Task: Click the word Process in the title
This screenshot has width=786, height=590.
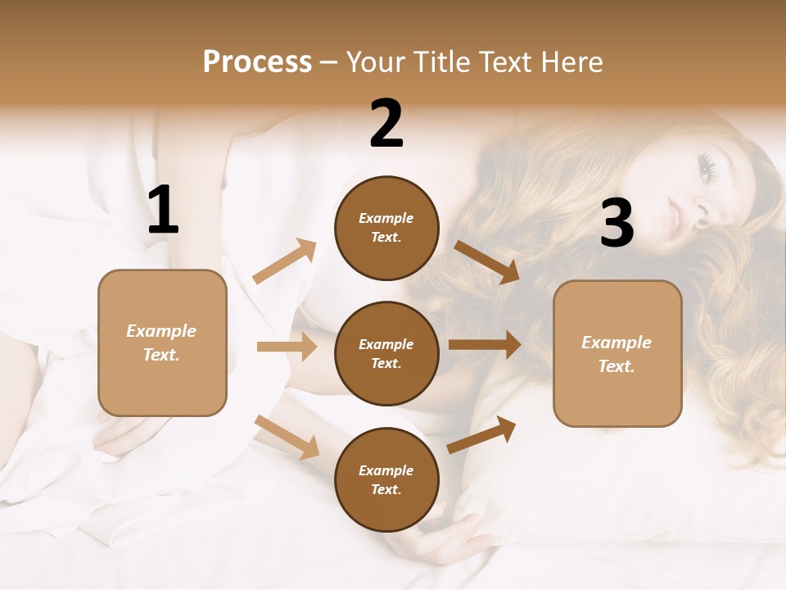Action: [257, 62]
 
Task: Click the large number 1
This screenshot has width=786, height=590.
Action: [163, 211]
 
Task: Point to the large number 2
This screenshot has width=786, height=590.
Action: [386, 124]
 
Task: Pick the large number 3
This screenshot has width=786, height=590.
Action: [617, 224]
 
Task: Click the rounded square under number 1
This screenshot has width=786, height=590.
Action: [162, 343]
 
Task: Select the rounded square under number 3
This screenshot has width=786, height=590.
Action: [617, 353]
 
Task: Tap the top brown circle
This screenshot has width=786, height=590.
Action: [386, 228]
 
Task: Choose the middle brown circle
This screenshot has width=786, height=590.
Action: [386, 353]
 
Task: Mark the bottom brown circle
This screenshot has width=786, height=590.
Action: [386, 479]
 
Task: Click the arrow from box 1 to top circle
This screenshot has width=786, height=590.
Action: [284, 261]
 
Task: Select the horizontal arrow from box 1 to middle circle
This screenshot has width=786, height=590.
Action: [287, 347]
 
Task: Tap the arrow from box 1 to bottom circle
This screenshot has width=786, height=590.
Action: [287, 437]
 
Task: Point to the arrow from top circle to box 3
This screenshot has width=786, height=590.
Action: [486, 261]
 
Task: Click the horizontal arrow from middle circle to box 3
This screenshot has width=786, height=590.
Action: [484, 345]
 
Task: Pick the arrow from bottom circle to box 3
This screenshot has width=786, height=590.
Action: [481, 434]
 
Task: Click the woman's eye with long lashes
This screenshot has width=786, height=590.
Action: [708, 167]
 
